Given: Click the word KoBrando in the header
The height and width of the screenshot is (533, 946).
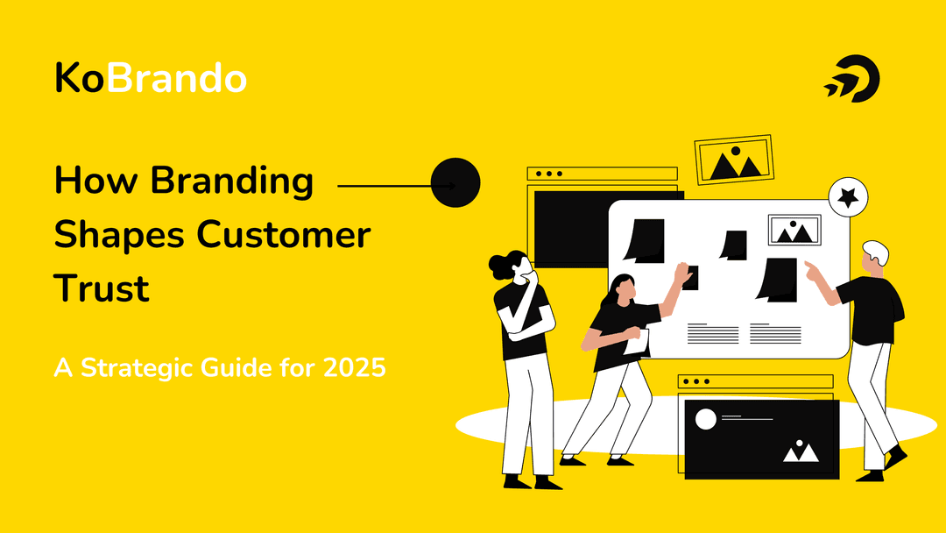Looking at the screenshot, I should point(150,79).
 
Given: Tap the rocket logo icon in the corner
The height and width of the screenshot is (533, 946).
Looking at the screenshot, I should point(851,81).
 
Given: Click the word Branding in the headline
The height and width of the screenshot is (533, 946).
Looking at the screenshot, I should point(231,181).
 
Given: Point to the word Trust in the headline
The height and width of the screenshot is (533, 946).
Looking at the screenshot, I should point(102,288).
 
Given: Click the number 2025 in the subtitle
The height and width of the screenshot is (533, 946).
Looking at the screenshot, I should point(351,368).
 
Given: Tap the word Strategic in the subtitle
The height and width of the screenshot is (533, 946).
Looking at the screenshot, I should point(137,368).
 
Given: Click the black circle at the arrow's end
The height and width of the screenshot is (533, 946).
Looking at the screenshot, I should point(455,183).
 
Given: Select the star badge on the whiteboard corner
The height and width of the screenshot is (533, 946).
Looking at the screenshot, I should point(848,198).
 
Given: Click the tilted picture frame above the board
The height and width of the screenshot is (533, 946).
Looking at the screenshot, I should point(734,160).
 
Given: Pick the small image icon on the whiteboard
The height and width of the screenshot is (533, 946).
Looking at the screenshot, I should point(794,230).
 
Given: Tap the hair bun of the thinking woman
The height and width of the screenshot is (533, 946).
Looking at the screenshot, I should point(498,262).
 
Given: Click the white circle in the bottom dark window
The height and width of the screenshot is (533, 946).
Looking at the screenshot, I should point(706,419).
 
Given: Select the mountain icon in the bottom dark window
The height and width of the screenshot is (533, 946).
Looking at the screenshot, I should point(801,451).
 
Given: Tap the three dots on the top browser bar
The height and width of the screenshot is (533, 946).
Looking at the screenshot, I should point(549,174).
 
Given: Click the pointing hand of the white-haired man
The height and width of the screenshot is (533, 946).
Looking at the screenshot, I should point(813,271).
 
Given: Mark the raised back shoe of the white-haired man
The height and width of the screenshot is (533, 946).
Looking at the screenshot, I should point(895,458).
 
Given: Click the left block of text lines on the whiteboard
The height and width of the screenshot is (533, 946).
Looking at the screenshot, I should point(713,333).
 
